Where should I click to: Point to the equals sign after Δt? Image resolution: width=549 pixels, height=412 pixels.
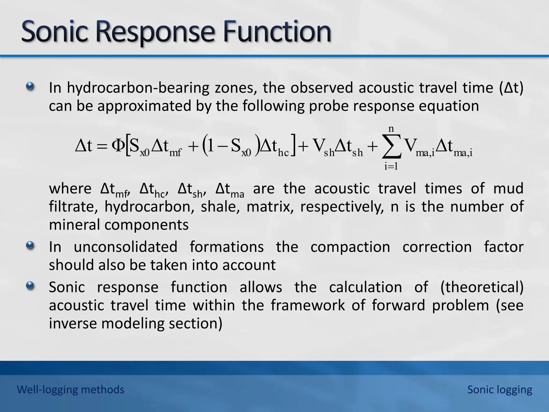pos(102,147)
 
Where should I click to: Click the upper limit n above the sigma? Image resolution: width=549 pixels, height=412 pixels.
pos(391,129)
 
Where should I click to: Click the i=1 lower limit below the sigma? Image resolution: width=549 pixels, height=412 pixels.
pos(391,166)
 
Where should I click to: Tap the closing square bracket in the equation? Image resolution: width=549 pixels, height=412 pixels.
pos(294,146)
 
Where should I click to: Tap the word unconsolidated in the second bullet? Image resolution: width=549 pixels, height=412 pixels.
pos(125,247)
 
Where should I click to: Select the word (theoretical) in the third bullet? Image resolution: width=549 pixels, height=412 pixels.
pos(482,287)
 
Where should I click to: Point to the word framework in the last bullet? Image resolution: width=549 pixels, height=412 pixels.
pos(308,305)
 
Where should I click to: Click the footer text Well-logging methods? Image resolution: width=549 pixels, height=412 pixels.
pos(71,389)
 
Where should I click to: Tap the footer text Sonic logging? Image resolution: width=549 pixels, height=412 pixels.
pos(500,389)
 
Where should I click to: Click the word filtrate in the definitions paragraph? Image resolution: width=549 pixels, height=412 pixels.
pos(73,207)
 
